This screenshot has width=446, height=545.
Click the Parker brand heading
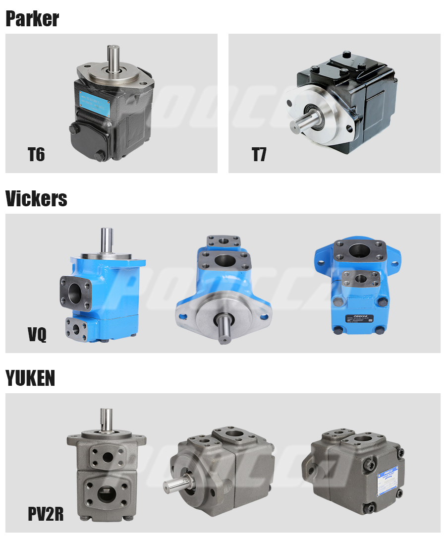click(32, 19)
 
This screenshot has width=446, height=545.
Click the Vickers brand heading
click(36, 199)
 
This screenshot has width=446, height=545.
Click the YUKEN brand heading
click(30, 378)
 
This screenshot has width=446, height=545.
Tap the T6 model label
click(36, 155)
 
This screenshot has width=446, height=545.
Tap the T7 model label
click(259, 155)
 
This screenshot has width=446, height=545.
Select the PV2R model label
click(46, 514)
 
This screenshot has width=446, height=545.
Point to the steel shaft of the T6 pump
click(112, 55)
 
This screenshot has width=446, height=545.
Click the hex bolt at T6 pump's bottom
click(99, 156)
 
